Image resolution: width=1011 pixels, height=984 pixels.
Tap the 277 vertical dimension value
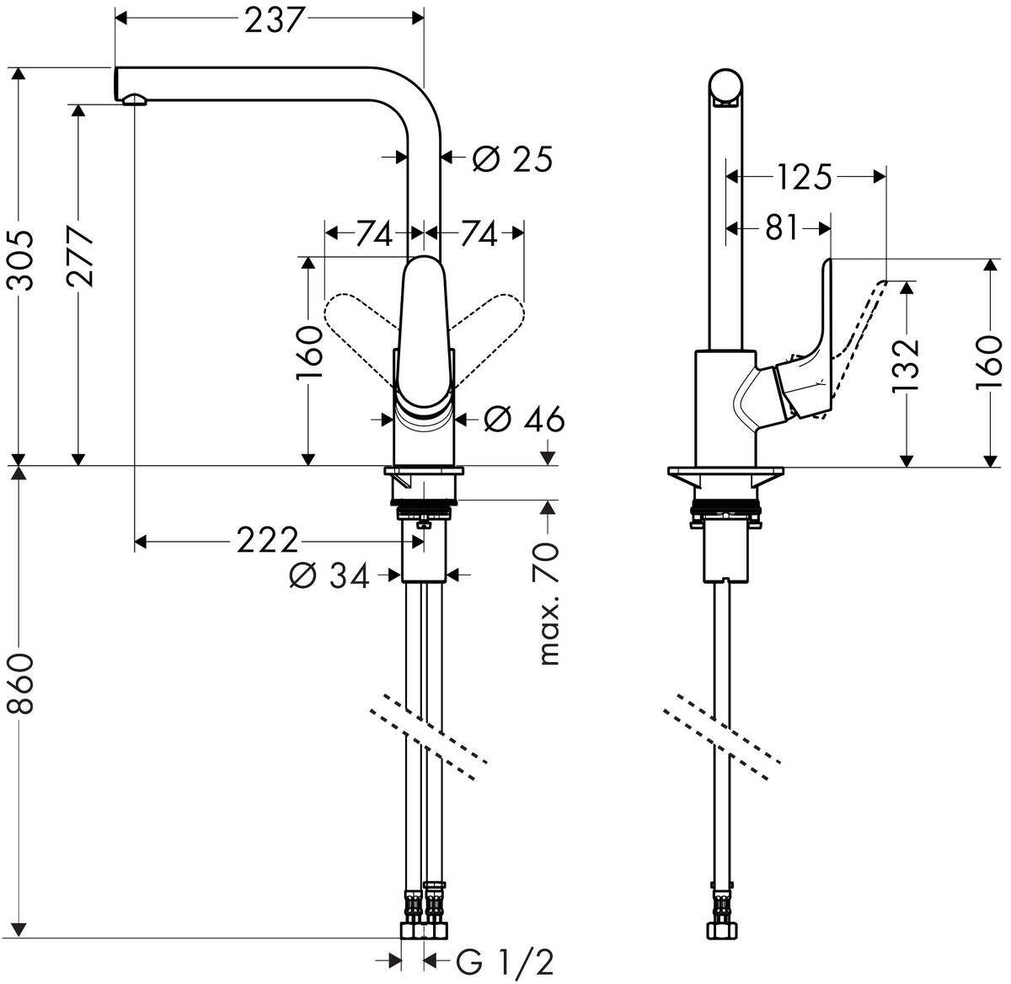pyautogui.click(x=82, y=256)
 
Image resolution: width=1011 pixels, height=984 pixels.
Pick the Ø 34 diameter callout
pyautogui.click(x=329, y=575)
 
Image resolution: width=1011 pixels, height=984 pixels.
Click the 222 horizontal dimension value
pyautogui.click(x=266, y=540)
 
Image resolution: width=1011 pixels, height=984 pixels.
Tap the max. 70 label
pyautogui.click(x=548, y=604)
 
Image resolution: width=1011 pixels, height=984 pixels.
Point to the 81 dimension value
pyautogui.click(x=781, y=227)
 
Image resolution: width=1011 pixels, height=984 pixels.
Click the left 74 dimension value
pyautogui.click(x=372, y=233)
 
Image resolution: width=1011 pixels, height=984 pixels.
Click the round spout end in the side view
pyautogui.click(x=727, y=86)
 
